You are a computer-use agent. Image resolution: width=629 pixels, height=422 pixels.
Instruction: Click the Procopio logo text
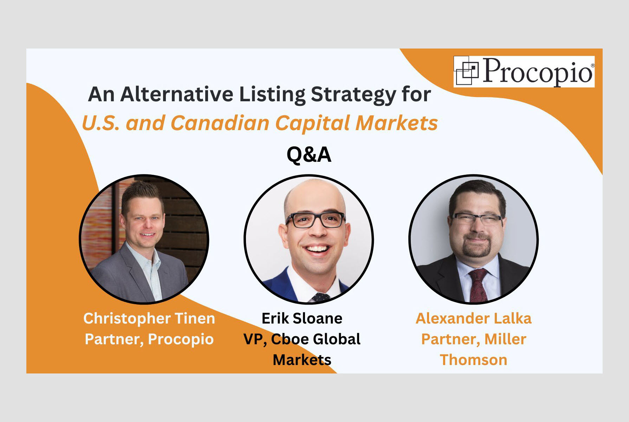(x=538, y=71)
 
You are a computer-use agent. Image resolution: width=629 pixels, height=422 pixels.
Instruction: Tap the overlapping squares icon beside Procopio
(x=467, y=71)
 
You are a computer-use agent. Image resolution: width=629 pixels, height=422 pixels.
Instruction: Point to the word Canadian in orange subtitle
(x=220, y=123)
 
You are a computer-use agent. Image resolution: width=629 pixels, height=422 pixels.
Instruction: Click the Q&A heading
(x=309, y=154)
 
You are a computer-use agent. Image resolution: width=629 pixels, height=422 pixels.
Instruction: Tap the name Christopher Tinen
(x=149, y=318)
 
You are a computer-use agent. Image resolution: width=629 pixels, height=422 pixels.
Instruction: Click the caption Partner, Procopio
(x=149, y=339)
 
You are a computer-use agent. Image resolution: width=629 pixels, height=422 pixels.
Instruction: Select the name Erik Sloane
(x=302, y=318)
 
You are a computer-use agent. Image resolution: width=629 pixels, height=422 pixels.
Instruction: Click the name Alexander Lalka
(x=473, y=318)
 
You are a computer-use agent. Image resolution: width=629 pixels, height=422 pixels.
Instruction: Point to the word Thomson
(x=473, y=360)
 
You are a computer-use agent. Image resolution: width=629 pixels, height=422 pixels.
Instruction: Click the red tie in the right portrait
(x=478, y=285)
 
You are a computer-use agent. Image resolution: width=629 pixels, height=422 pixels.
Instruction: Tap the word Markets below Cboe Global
(x=302, y=360)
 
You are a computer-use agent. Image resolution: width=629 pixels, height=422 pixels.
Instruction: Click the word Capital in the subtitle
(x=313, y=123)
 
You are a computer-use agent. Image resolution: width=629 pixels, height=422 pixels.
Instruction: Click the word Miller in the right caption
(x=505, y=339)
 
